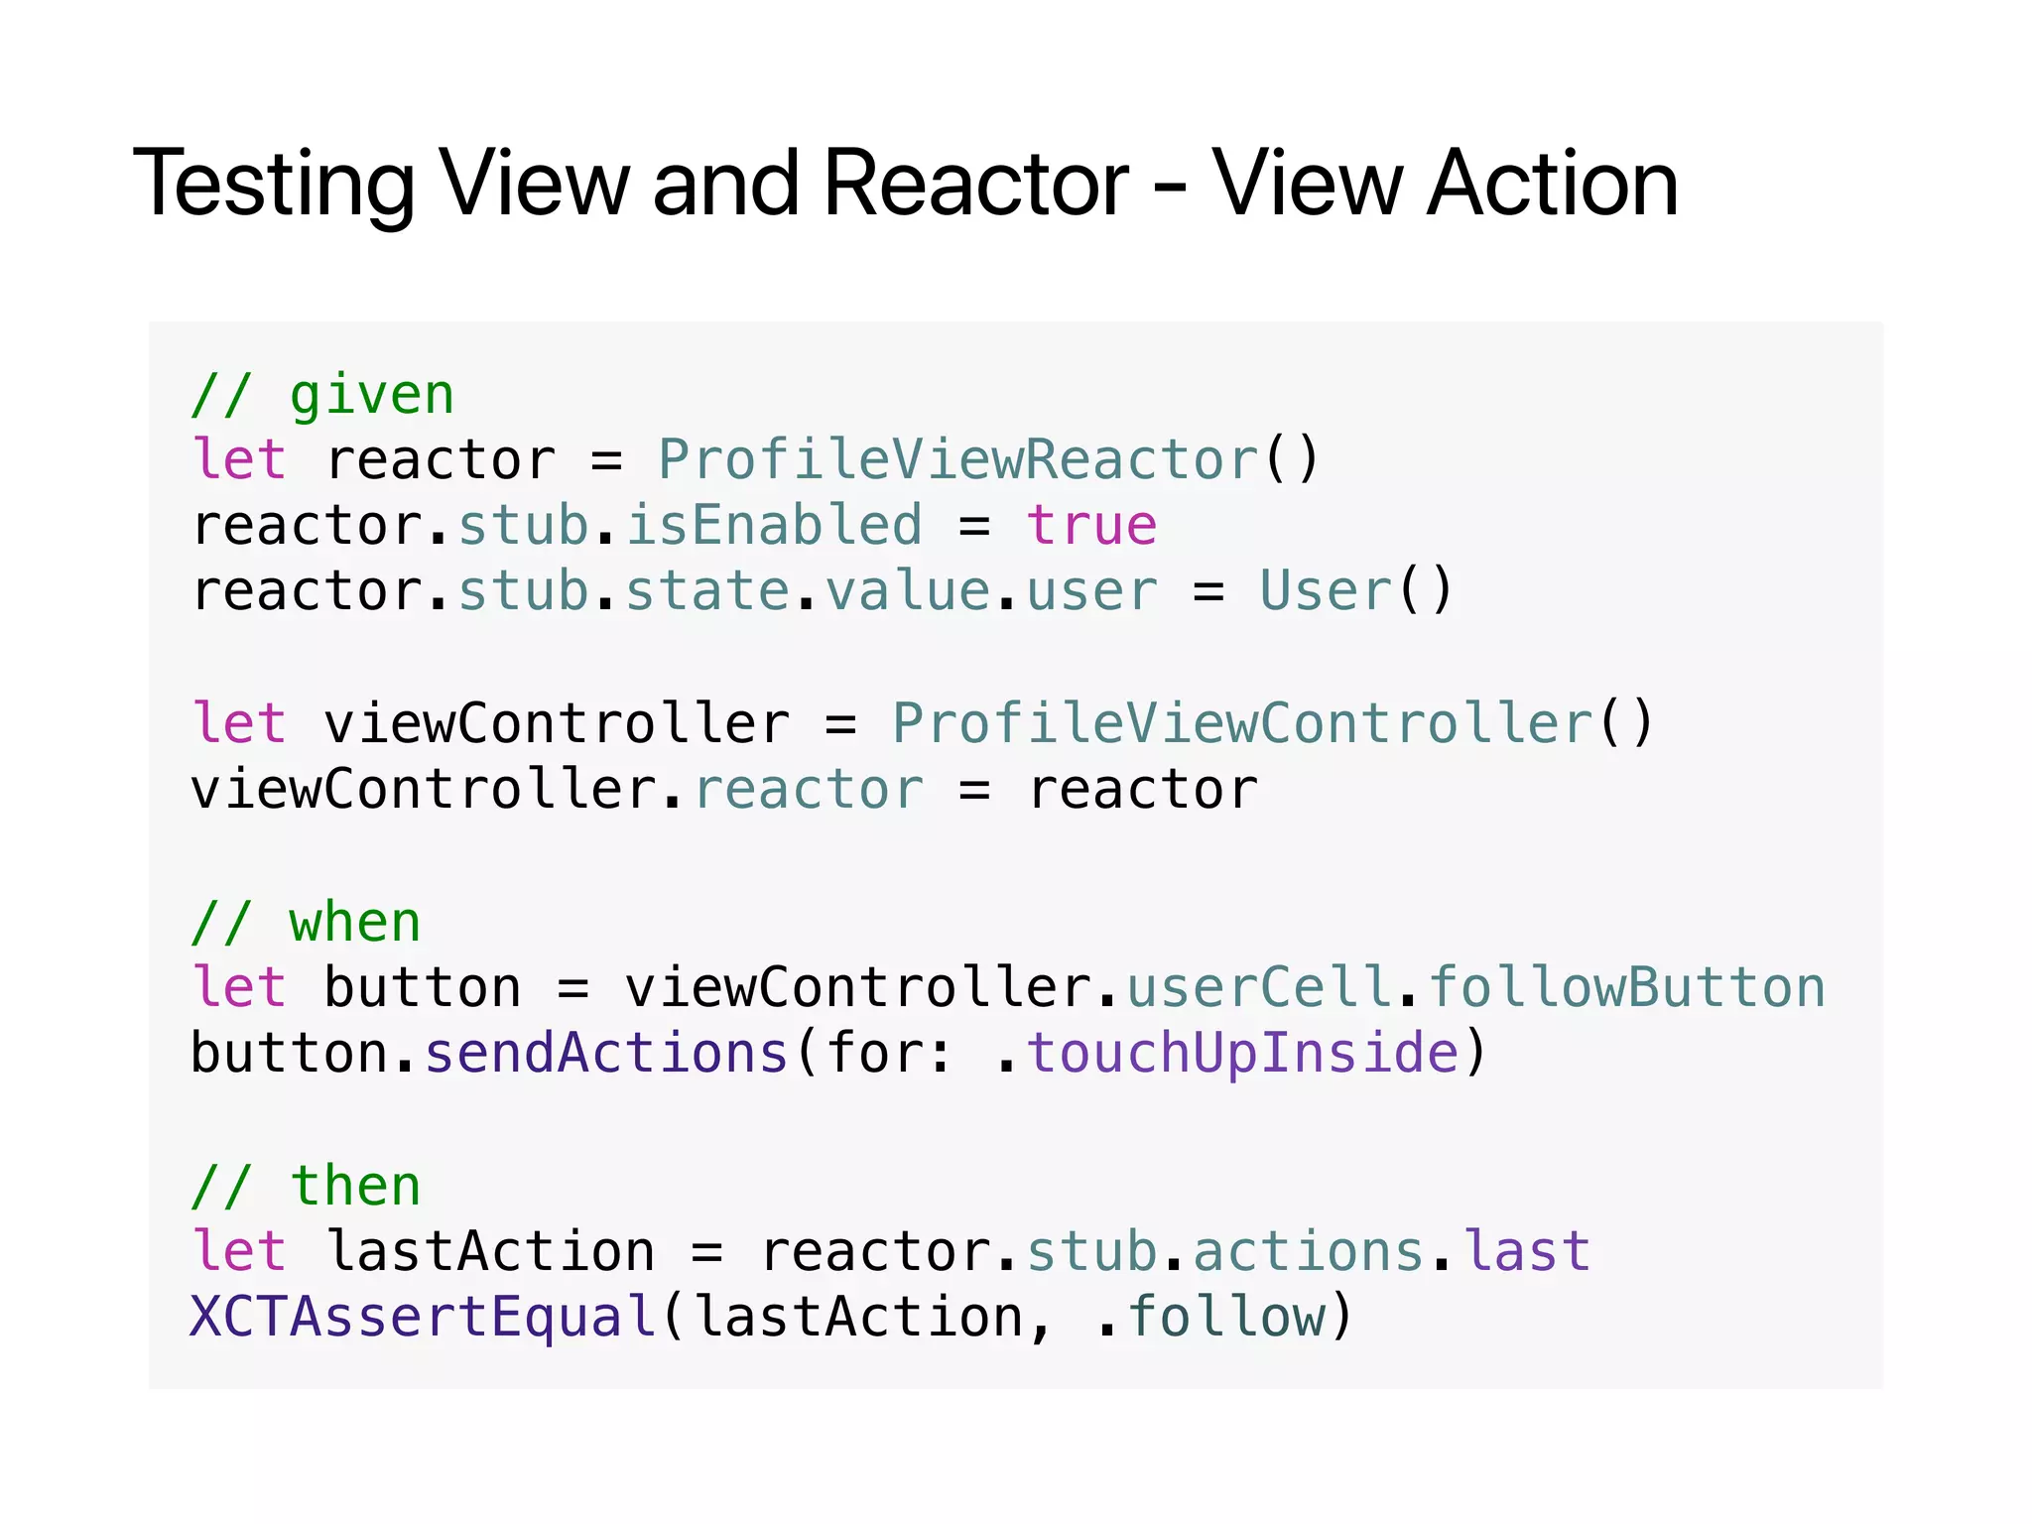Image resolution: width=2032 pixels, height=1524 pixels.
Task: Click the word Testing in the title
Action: click(x=274, y=184)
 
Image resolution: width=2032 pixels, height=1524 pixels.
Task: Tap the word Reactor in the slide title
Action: click(x=976, y=184)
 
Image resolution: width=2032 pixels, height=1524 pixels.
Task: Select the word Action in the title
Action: click(x=1552, y=184)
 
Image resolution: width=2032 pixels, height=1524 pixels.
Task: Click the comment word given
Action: click(x=372, y=396)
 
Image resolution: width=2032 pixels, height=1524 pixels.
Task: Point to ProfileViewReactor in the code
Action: click(x=958, y=460)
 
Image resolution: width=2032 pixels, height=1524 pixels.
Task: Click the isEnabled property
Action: click(x=774, y=526)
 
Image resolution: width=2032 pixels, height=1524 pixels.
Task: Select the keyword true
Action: click(x=1091, y=526)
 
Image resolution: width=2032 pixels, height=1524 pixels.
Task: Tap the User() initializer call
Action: click(x=1355, y=591)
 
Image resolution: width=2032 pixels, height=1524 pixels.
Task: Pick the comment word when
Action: click(x=355, y=924)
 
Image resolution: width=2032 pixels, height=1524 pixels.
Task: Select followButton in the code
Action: click(x=1627, y=988)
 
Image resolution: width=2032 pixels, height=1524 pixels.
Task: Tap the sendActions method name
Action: click(x=606, y=1054)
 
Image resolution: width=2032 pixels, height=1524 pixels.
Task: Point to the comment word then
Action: click(x=355, y=1187)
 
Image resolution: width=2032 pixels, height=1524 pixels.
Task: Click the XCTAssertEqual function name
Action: click(x=423, y=1318)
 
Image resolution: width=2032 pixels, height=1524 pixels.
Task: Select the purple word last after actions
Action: click(x=1528, y=1252)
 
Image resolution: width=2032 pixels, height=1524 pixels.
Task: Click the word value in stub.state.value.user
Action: click(x=908, y=591)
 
